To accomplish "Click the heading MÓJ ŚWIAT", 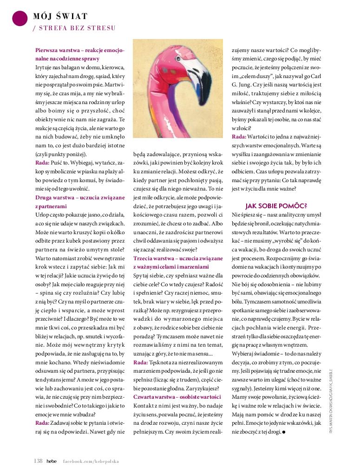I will pos(60,17).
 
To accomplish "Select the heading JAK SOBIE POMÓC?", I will pos(276,205).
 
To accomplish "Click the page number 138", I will pos(38,461).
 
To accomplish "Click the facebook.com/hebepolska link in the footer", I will pos(91,461).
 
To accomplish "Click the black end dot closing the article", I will pos(283,432).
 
